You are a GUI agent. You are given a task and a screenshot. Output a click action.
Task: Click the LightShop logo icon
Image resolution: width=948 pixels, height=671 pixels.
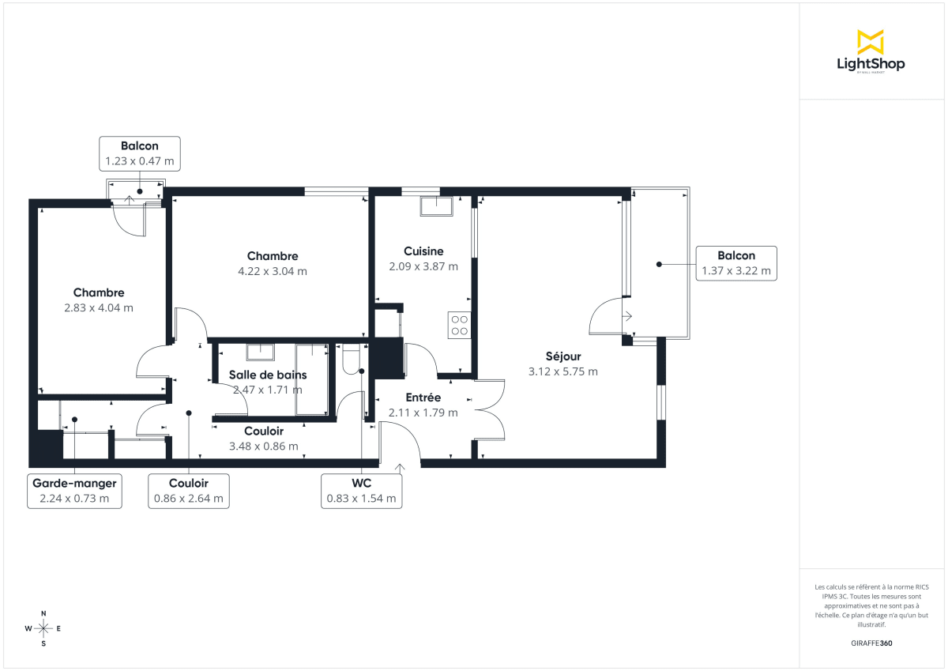point(871,42)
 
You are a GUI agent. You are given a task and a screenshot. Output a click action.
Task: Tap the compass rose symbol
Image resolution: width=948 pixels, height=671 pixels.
point(43,628)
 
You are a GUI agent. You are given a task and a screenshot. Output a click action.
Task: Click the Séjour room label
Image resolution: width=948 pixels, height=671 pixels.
point(562,356)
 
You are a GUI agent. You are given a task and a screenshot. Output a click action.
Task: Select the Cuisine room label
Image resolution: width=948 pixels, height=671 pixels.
point(423,251)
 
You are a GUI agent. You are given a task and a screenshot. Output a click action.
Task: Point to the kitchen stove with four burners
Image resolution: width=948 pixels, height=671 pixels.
point(459,325)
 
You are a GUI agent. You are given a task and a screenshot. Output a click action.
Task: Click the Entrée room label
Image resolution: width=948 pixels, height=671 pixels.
point(423,398)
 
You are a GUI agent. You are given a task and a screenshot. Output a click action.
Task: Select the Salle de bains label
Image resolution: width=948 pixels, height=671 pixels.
point(268,375)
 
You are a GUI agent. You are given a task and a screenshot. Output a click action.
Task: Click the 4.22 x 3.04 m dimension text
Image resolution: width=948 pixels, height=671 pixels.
point(273,271)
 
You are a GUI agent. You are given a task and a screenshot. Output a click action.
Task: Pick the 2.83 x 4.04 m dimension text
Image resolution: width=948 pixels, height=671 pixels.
point(99,307)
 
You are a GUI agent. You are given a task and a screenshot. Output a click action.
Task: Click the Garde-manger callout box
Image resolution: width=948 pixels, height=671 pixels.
point(75,491)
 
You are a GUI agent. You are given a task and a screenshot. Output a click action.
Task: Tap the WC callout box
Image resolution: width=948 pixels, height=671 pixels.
point(361,491)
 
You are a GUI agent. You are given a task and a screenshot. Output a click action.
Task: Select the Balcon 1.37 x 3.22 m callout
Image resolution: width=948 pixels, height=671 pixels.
point(735,263)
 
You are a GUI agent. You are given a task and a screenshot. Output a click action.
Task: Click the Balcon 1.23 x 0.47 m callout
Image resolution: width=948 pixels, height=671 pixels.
point(140,153)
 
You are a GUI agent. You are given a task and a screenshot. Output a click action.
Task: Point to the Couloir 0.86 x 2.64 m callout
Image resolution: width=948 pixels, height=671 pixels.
point(189,491)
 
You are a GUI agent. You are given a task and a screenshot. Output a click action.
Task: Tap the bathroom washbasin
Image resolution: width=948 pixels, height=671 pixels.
point(259,352)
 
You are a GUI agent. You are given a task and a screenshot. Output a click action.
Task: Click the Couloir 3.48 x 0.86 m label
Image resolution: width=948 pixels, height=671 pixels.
point(263,439)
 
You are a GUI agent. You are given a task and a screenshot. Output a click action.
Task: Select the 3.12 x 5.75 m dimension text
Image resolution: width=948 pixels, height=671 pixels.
point(562,371)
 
